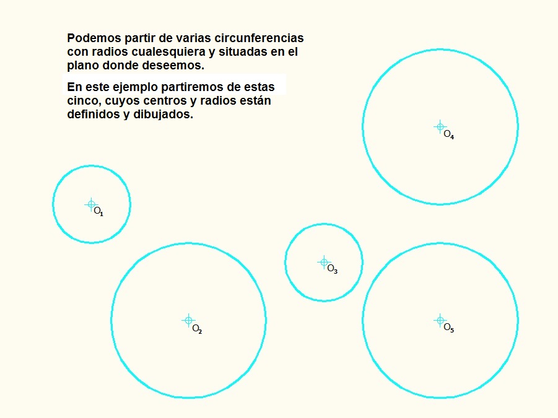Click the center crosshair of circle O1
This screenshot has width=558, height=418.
91,204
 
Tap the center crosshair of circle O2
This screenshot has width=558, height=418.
188,320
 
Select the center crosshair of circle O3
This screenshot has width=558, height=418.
323,262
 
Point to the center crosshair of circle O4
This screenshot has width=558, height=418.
440,126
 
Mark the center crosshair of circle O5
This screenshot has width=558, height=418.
440,320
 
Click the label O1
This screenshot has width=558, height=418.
98,211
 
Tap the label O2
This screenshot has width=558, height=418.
197,329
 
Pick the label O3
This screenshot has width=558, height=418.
332,269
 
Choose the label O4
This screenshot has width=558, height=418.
449,134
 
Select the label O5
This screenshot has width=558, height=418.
449,328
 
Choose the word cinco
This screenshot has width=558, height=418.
81,101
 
